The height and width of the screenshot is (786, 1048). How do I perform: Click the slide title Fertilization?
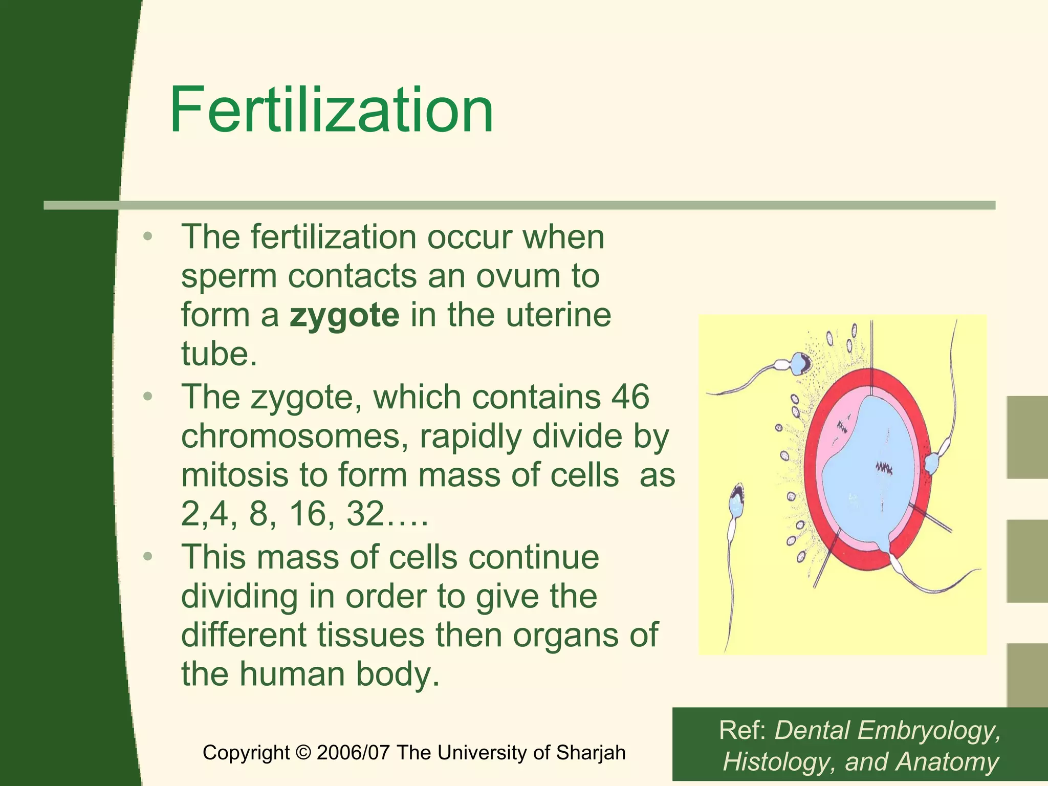(x=332, y=110)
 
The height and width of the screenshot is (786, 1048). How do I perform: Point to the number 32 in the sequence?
(x=365, y=514)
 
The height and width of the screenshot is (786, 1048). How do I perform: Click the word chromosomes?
(x=294, y=436)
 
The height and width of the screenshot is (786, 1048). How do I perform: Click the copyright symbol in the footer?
(x=303, y=753)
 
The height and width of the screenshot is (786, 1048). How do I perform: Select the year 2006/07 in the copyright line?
(x=354, y=753)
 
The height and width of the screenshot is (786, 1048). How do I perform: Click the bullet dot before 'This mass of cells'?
(x=148, y=557)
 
